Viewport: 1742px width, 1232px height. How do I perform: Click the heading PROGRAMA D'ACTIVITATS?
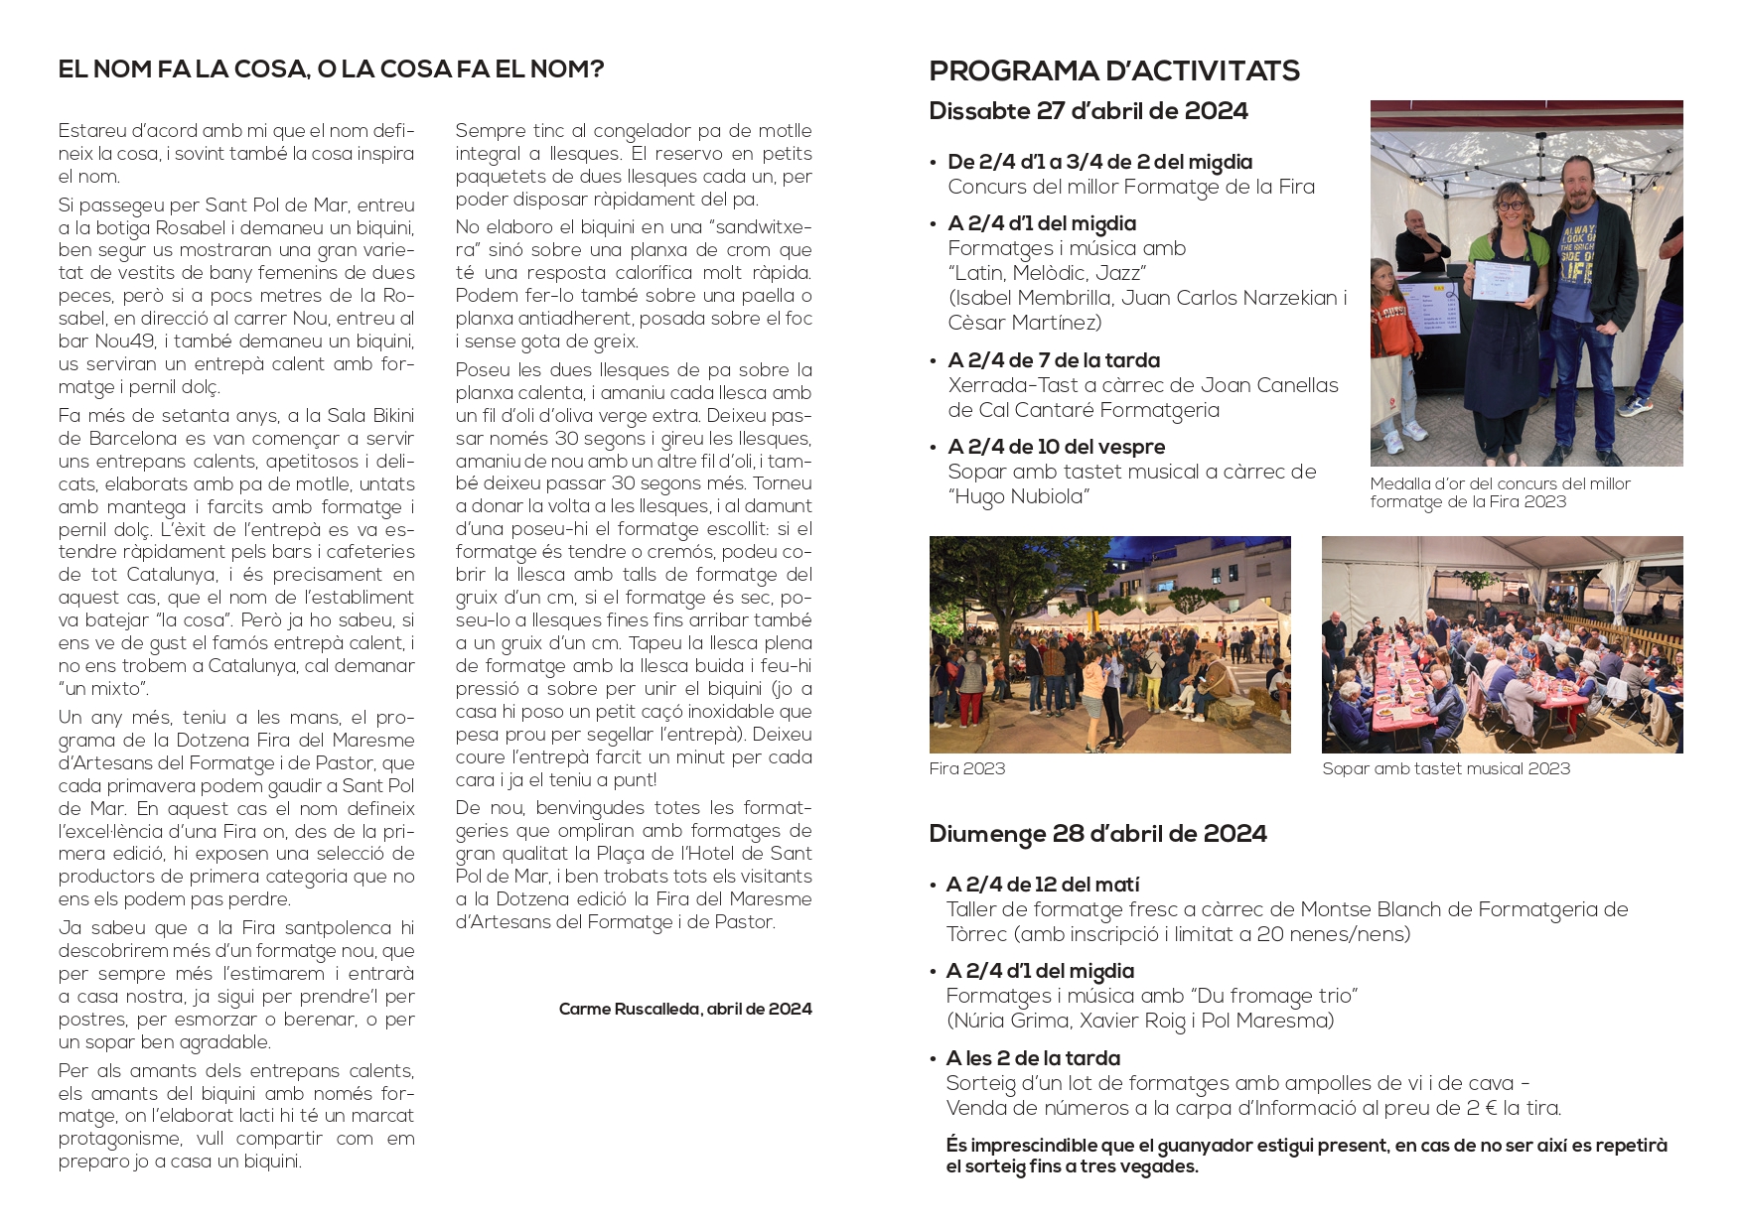coord(1113,71)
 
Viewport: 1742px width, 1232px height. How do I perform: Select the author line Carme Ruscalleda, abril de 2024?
coord(684,1009)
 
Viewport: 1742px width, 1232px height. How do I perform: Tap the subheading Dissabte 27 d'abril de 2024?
coord(1088,111)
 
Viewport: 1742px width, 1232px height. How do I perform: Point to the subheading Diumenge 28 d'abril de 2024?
coord(1097,833)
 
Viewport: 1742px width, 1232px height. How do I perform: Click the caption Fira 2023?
coord(966,768)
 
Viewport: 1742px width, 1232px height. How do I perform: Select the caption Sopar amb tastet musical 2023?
coord(1445,768)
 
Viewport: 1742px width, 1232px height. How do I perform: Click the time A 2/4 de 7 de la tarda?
coord(1053,360)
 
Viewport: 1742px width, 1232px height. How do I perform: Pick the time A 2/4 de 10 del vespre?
coord(1056,447)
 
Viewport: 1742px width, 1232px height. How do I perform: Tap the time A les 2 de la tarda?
coord(1033,1058)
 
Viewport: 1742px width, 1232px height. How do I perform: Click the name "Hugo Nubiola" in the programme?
coord(1018,496)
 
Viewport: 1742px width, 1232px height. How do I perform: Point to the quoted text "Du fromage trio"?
coord(1271,996)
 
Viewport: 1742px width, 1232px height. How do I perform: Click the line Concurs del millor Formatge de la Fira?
coord(1130,187)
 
